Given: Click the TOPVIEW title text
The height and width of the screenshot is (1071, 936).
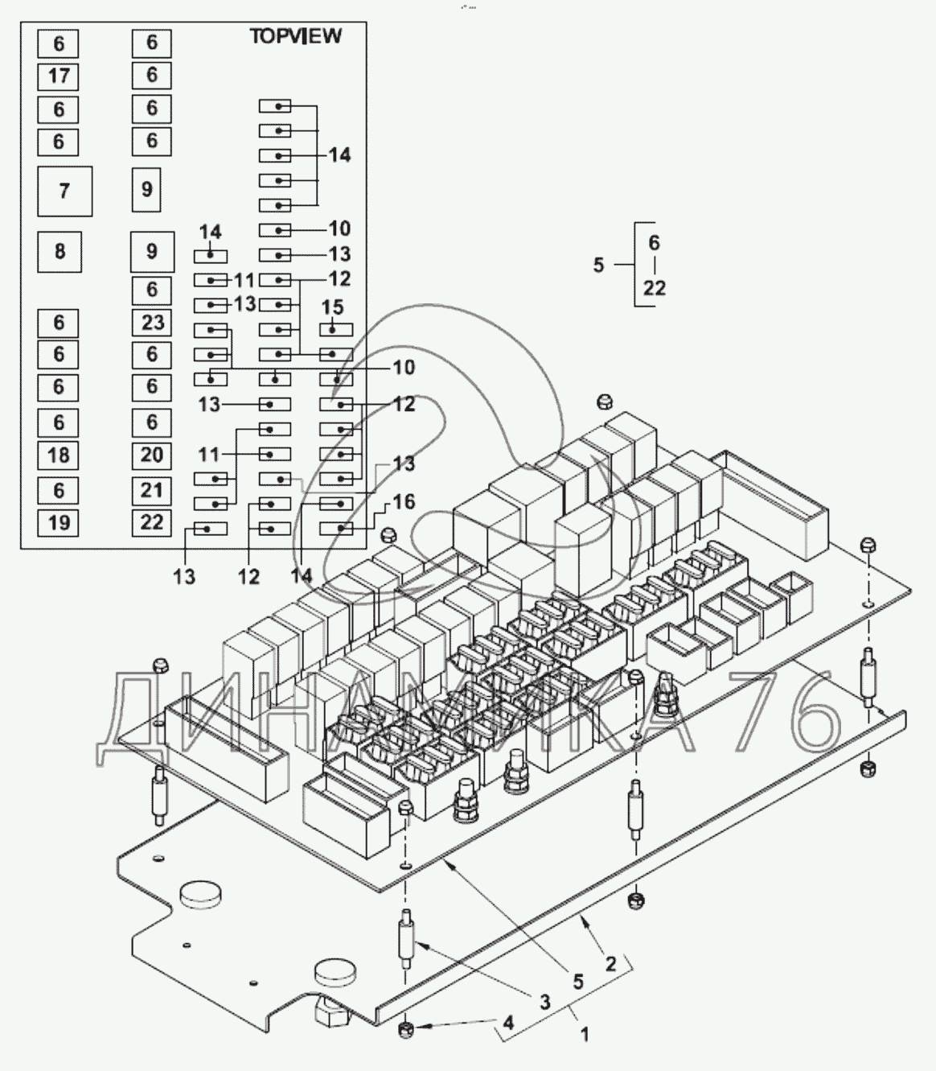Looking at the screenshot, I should click(x=295, y=36).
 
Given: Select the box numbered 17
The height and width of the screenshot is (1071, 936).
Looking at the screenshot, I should click(x=59, y=76).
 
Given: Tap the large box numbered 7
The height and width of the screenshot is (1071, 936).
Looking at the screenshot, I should click(x=65, y=191).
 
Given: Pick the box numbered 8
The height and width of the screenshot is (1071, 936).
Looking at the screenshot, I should click(x=60, y=251).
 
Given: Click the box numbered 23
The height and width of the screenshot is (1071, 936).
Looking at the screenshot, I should click(x=152, y=323).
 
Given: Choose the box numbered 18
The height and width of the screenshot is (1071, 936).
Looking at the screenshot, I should click(x=59, y=455).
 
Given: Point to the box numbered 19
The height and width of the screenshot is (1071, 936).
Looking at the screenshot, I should click(x=59, y=523).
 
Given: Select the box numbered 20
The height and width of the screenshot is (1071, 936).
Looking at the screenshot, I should click(x=152, y=455).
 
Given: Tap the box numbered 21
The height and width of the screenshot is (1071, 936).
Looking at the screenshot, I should click(x=152, y=490).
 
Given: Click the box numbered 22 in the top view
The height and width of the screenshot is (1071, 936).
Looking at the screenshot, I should click(x=152, y=522).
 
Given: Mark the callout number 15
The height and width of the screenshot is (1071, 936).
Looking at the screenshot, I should click(x=332, y=307).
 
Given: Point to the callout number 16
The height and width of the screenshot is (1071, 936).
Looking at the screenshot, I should click(x=403, y=502).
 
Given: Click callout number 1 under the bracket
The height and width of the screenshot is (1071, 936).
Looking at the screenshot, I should click(x=585, y=1034).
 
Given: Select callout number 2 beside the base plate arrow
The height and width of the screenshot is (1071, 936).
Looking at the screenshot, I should click(x=610, y=963).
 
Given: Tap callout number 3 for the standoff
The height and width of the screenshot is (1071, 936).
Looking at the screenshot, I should click(x=545, y=1002).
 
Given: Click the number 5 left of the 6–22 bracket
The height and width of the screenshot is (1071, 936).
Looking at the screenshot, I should click(x=598, y=265).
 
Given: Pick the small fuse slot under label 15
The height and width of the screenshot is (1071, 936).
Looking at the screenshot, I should click(x=335, y=329).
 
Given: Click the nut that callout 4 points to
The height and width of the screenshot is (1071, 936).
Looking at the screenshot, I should click(x=406, y=1029).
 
